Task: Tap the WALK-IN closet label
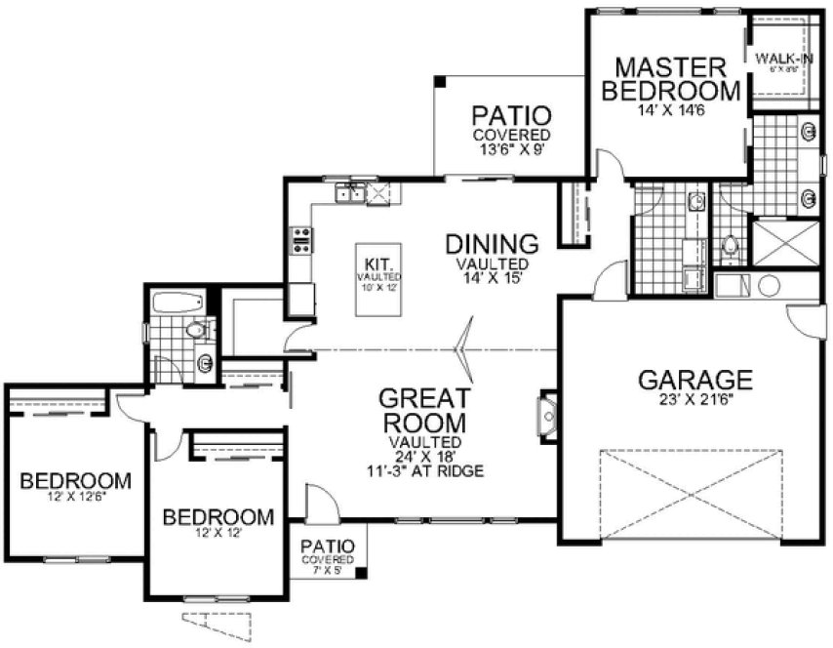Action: [784, 59]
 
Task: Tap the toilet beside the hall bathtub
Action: [200, 331]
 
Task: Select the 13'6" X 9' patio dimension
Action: [511, 149]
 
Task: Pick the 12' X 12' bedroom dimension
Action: [217, 534]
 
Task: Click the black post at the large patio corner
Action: [441, 81]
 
